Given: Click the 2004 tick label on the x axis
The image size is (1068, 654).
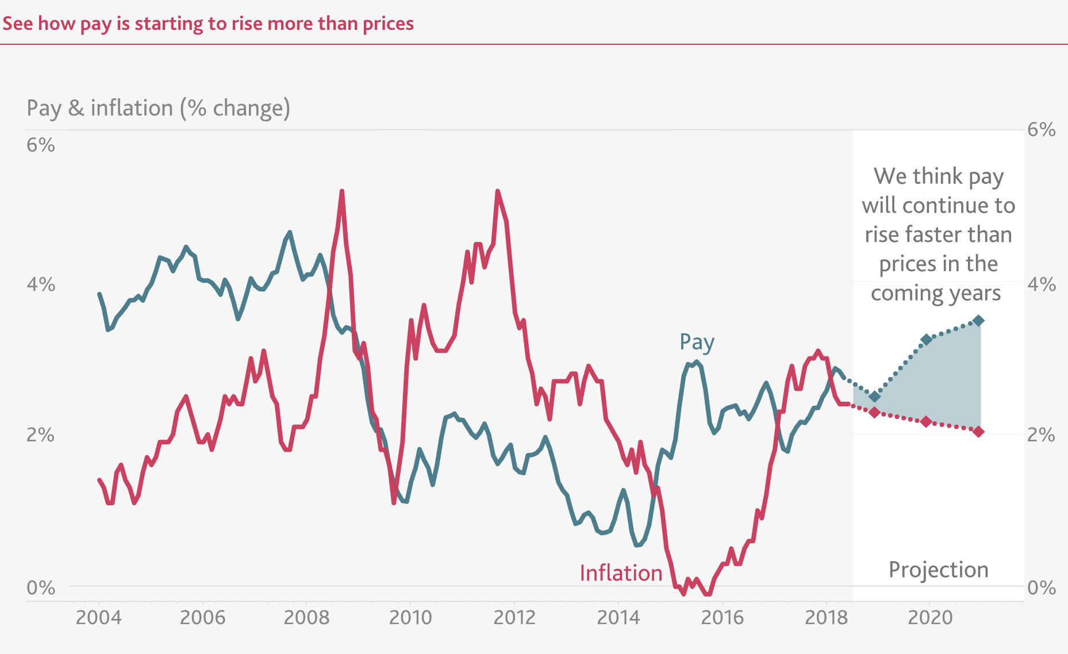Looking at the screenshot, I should (x=99, y=618).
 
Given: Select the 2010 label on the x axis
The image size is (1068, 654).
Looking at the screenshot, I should (x=410, y=618).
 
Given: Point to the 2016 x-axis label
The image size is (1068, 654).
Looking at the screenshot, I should (x=723, y=618).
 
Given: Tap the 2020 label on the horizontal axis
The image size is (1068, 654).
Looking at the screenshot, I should (x=930, y=618).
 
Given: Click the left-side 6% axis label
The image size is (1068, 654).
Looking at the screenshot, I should (x=41, y=145).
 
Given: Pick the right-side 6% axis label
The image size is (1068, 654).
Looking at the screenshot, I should (x=1042, y=130).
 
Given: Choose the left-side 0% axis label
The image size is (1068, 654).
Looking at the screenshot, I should (x=41, y=588).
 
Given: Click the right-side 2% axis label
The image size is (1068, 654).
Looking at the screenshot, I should (x=1042, y=435).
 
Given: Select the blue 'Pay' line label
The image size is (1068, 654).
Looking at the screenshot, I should (x=697, y=343).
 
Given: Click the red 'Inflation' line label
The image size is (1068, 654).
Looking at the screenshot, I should (x=621, y=573).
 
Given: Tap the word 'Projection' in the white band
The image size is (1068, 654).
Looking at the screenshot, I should (x=938, y=570).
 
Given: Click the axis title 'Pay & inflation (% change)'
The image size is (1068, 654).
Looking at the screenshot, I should (x=159, y=108).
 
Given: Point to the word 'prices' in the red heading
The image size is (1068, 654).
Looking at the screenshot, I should (x=388, y=24).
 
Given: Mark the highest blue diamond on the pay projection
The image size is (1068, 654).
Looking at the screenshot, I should (x=978, y=321).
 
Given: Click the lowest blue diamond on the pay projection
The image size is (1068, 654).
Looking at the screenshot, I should (x=875, y=397).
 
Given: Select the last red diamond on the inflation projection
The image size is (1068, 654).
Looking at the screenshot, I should (x=978, y=432).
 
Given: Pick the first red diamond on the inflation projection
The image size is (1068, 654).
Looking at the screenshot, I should (x=875, y=412).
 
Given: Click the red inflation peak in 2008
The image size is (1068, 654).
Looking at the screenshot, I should (x=342, y=191).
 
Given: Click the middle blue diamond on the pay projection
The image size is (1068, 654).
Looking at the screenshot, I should (x=926, y=340).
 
